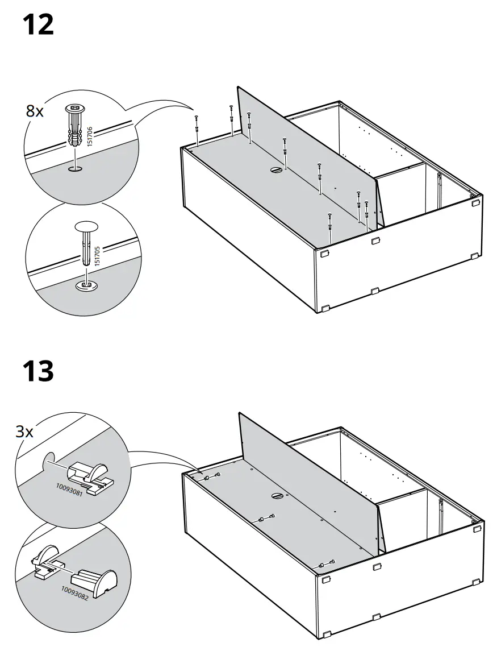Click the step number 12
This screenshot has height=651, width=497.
pyautogui.click(x=38, y=26)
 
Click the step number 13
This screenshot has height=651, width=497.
pyautogui.click(x=38, y=371)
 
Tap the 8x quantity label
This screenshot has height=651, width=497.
pyautogui.click(x=35, y=111)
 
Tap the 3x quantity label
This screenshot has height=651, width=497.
pyautogui.click(x=24, y=432)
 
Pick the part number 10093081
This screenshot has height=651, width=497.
pyautogui.click(x=69, y=490)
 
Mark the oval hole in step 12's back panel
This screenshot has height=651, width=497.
pyautogui.click(x=276, y=169)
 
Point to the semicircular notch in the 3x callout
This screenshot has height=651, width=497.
pyautogui.click(x=49, y=460)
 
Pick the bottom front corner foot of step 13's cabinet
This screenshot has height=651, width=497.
pyautogui.click(x=326, y=634)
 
